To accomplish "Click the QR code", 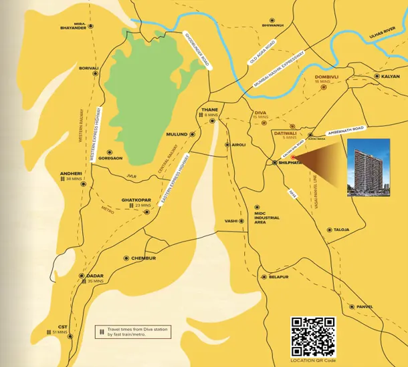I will pos(313,336).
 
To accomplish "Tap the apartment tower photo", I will pos(368,167).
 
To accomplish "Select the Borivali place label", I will pos(89,68).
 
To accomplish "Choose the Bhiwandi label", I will pos(273,25).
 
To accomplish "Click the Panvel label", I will pos(365,307).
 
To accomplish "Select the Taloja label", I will pos(341,230).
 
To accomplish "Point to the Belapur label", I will pos(278,276).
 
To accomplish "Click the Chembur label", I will pos(143,258).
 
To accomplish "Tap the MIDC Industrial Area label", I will pos(267,218).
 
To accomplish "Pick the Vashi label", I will pos(231,221).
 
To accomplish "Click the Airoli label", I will pos(239,144).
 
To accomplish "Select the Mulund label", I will pos(177,134).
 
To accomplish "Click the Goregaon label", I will pos(110,158).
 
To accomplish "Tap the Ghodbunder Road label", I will pos(197,50).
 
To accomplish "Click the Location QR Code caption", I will pos(313,360).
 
